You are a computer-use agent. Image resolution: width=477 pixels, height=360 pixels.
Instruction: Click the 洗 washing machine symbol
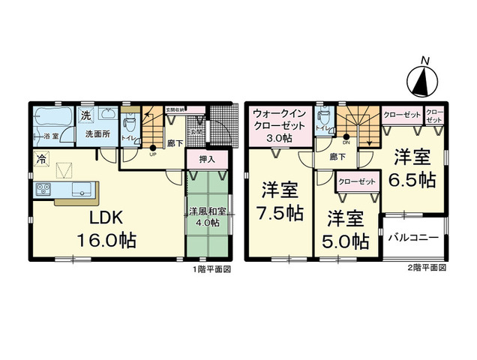tap(87, 115)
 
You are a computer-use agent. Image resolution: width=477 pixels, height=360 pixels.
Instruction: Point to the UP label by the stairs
tap(152, 154)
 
